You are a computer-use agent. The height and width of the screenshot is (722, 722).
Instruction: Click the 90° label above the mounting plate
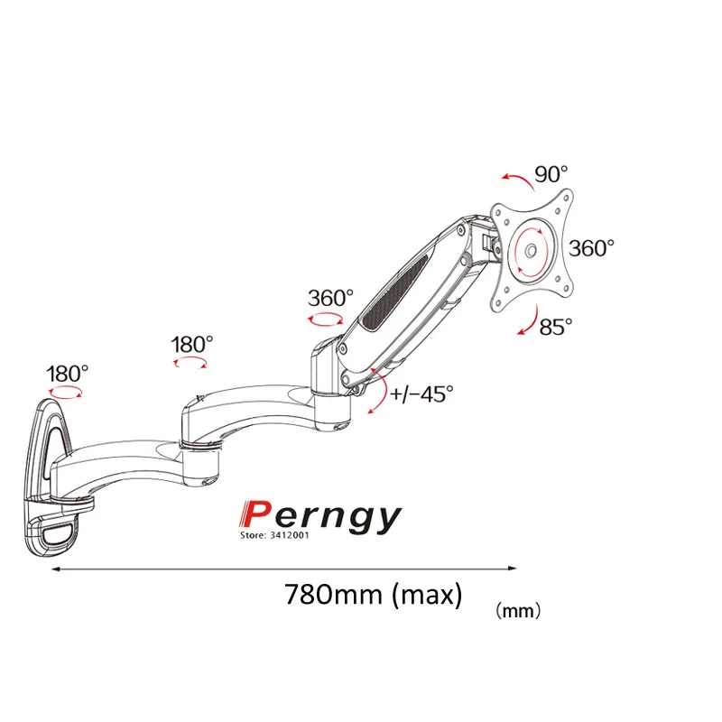[x=551, y=174]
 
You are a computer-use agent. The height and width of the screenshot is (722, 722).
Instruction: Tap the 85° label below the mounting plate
[x=556, y=326]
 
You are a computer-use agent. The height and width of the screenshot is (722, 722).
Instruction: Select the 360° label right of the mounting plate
[x=592, y=248]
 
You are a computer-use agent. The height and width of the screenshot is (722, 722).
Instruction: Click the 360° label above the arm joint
[x=330, y=297]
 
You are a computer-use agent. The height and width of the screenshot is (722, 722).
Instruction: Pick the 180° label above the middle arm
[x=191, y=344]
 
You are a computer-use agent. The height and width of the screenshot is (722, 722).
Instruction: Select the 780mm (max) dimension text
[x=373, y=595]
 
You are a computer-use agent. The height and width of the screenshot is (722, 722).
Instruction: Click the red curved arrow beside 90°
[x=514, y=179]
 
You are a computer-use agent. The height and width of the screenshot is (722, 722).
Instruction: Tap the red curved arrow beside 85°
[x=526, y=320]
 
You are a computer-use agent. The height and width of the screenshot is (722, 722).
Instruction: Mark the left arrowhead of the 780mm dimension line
[x=53, y=568]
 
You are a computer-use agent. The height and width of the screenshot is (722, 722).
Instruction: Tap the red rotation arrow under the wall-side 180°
[x=66, y=393]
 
